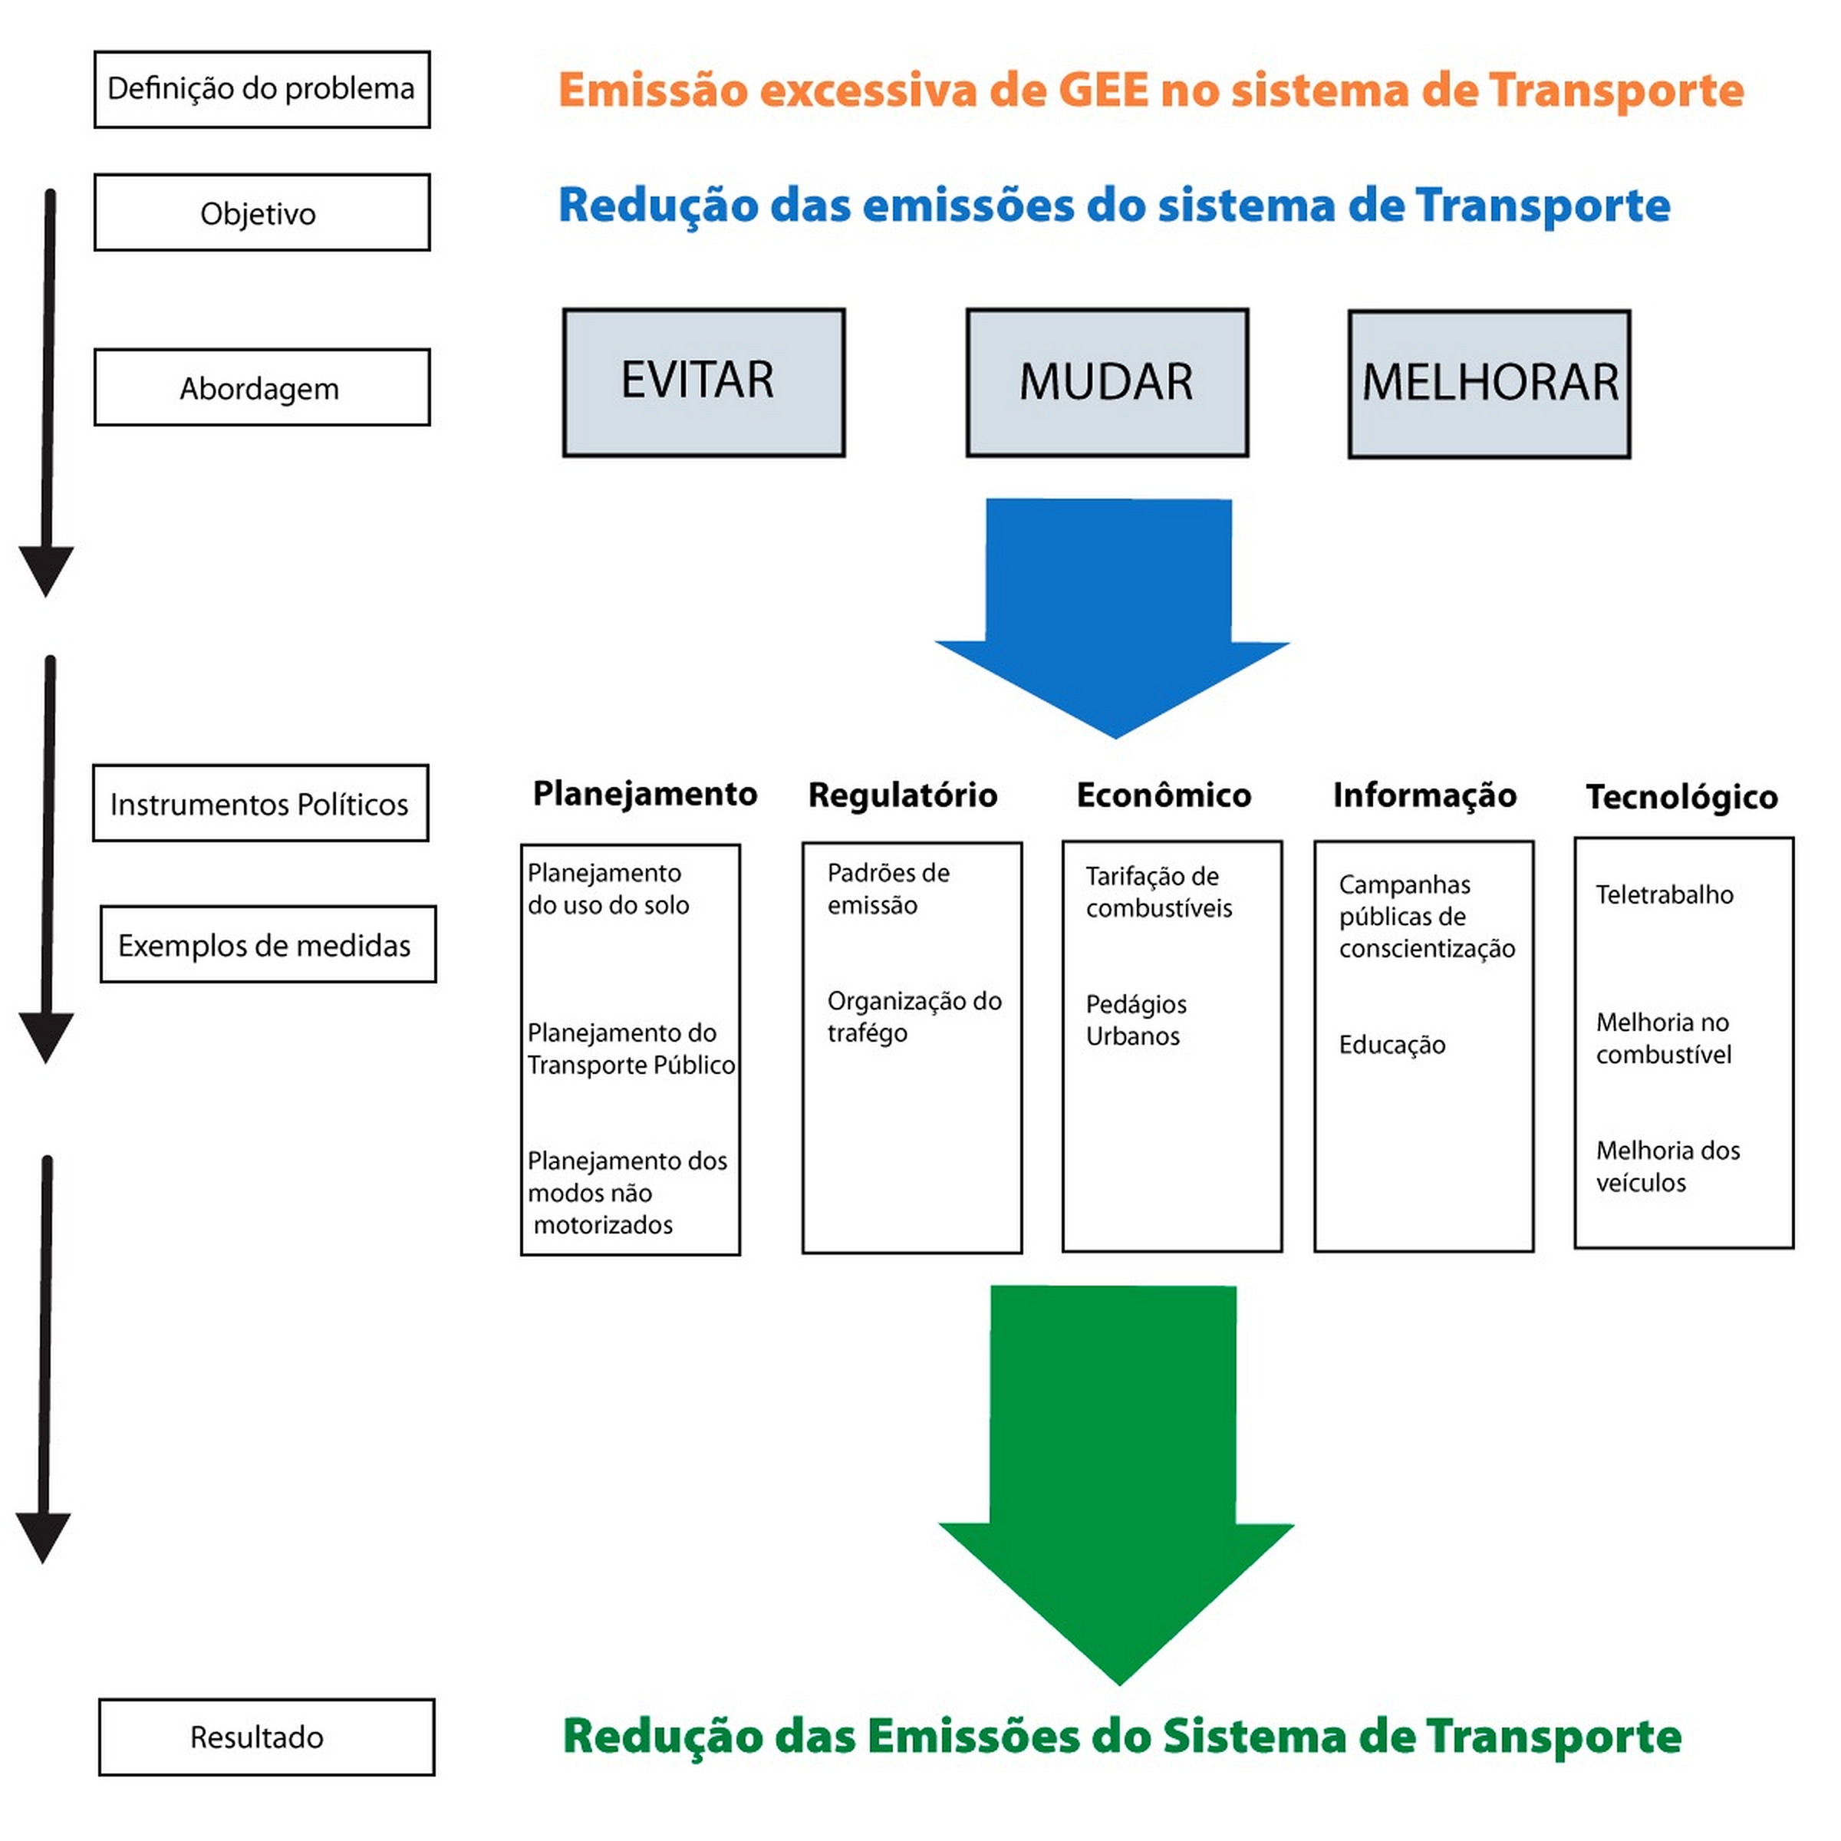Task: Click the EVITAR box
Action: tap(703, 382)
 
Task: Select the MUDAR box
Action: tap(1107, 382)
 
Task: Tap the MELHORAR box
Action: tap(1490, 384)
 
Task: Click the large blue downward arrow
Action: tap(1112, 618)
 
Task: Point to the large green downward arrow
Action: tap(1116, 1486)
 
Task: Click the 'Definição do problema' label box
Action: tap(262, 90)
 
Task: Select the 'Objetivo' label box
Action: tap(262, 212)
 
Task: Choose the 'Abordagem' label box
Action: tap(262, 387)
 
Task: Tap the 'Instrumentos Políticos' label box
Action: tap(260, 803)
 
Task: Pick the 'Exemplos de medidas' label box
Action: tap(268, 944)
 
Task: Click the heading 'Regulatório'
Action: tap(902, 795)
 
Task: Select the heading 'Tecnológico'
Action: tap(1682, 798)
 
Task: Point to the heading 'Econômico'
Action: tap(1164, 795)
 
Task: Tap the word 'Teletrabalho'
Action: tap(1665, 894)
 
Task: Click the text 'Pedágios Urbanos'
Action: tap(1136, 1020)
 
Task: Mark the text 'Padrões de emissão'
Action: tap(888, 889)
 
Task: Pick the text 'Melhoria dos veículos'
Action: tap(1668, 1166)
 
